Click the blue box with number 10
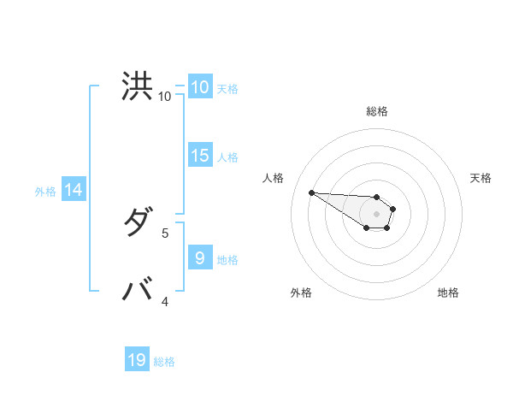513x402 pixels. [199, 87]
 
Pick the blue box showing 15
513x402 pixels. [199, 156]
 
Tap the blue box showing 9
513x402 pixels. [199, 257]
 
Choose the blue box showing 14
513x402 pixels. [74, 190]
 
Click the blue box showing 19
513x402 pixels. [137, 360]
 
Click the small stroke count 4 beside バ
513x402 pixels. [165, 301]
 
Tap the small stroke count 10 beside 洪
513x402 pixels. [164, 97]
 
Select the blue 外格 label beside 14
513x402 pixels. [45, 192]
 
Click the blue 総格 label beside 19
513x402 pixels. [164, 362]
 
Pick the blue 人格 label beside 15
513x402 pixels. [227, 157]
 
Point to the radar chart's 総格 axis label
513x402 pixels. [377, 111]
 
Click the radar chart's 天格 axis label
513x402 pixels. [481, 178]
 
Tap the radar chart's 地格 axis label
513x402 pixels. [448, 293]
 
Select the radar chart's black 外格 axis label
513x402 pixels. [300, 293]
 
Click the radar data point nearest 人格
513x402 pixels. [311, 192]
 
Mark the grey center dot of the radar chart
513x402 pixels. [377, 214]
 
